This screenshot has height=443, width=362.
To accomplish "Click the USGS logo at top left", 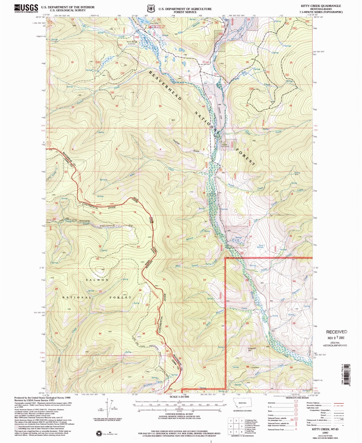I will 26,8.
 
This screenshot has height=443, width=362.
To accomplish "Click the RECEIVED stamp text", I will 336,332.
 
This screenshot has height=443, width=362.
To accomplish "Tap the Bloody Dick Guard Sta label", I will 132,43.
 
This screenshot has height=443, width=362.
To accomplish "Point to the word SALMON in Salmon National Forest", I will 98,280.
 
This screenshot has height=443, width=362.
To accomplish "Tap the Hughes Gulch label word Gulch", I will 196,151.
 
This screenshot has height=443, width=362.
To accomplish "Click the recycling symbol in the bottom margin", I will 99,433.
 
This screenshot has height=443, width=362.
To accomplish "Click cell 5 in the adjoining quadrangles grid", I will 236,426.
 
